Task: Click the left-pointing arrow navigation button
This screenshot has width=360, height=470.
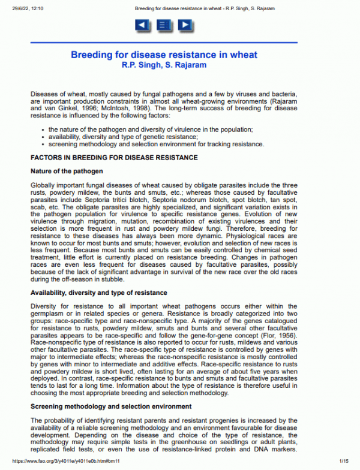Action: [142, 25]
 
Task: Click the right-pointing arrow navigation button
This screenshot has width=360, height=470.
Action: [185, 25]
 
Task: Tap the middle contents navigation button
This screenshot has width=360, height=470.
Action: [163, 25]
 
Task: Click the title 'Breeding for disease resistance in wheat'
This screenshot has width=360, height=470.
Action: [164, 55]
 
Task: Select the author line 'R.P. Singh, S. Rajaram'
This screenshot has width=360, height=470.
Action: [164, 64]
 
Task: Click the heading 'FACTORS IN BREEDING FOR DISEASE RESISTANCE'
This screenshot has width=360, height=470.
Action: [114, 158]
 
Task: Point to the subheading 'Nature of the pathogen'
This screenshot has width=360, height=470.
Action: [67, 171]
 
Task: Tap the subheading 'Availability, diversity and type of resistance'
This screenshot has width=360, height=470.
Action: [98, 293]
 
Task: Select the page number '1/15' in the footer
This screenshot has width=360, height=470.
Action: [344, 461]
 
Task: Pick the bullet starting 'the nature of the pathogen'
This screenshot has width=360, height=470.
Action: [150, 129]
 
